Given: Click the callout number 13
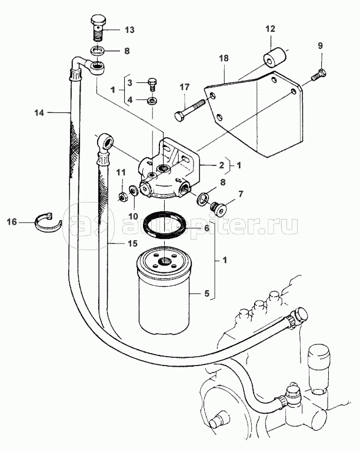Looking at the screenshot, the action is pyautogui.click(x=129, y=29).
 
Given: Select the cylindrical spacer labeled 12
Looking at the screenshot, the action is pyautogui.click(x=275, y=59).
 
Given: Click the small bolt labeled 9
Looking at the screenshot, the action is pyautogui.click(x=318, y=74).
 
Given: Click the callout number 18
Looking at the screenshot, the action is pyautogui.click(x=224, y=58).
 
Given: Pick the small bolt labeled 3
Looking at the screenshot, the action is pyautogui.click(x=152, y=84).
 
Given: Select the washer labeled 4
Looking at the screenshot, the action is pyautogui.click(x=151, y=101).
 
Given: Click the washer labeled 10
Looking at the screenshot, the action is pyautogui.click(x=134, y=191).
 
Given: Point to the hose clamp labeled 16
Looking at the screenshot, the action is pyautogui.click(x=48, y=222).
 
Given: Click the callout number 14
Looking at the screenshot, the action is pyautogui.click(x=39, y=113).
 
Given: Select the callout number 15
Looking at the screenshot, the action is pyautogui.click(x=132, y=244).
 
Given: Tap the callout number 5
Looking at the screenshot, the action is pyautogui.click(x=206, y=294).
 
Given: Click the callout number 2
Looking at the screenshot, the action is pyautogui.click(x=221, y=165).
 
